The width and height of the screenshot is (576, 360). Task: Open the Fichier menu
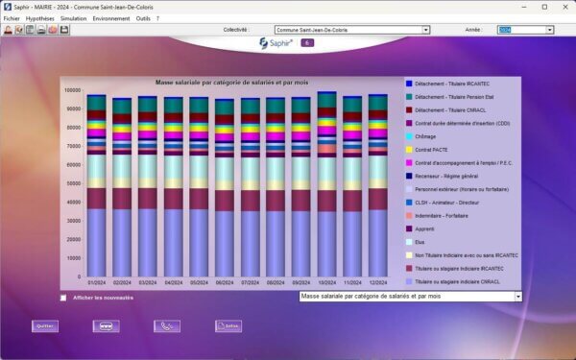coord(12,18)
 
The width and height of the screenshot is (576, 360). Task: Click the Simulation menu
coord(74,18)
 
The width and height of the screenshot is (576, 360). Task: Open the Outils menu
coord(142,18)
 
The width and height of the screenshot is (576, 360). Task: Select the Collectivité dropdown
coord(351,30)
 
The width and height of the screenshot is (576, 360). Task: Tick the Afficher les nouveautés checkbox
coord(64,298)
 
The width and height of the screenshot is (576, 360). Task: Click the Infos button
coord(228,325)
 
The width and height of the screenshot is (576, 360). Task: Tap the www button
coord(106,325)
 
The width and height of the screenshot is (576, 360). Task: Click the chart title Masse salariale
coord(230,83)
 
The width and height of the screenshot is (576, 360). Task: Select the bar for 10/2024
coord(326,182)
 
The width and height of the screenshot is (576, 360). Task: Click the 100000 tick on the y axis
coord(72,90)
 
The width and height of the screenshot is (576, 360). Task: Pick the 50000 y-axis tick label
coord(73,183)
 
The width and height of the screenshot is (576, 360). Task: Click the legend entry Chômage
coord(426,136)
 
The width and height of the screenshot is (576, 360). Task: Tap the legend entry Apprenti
coord(426,228)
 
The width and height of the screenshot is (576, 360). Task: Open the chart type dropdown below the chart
coord(411,298)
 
